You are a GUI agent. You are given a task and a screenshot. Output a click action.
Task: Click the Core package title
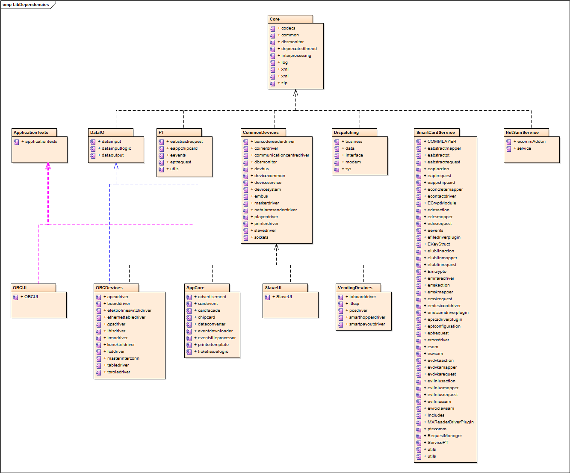point(275,19)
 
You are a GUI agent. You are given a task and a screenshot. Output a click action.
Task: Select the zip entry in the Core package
point(284,83)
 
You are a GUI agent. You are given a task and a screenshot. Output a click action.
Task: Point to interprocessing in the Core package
point(296,56)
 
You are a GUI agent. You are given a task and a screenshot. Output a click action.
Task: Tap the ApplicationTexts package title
point(31,133)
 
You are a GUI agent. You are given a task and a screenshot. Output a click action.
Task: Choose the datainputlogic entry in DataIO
point(116,148)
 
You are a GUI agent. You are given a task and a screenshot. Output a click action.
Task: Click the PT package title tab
point(161,133)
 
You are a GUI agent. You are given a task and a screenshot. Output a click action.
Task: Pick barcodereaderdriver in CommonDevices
point(275,142)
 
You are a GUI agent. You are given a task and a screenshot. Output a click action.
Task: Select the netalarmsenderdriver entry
point(275,210)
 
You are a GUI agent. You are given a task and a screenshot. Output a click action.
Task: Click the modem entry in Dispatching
point(353,162)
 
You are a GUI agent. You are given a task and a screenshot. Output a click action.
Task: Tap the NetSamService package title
point(522,133)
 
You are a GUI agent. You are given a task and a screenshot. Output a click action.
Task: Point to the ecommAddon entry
point(531,142)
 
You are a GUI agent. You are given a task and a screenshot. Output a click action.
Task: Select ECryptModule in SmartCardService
point(442,203)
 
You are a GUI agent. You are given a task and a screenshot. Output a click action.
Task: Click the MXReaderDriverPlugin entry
point(450,422)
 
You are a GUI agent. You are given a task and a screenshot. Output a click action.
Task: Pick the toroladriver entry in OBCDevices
point(118,372)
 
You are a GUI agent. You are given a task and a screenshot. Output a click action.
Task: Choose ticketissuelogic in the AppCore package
point(213,352)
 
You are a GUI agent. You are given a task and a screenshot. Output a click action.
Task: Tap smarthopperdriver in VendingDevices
point(367,317)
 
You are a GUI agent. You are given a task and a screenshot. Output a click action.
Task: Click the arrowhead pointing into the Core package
point(295,93)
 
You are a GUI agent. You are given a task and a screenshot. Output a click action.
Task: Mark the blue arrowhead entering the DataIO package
point(116,166)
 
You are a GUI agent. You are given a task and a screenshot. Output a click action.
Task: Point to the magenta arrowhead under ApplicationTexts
point(48,166)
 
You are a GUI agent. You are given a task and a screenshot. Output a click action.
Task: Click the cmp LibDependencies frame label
point(26,5)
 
